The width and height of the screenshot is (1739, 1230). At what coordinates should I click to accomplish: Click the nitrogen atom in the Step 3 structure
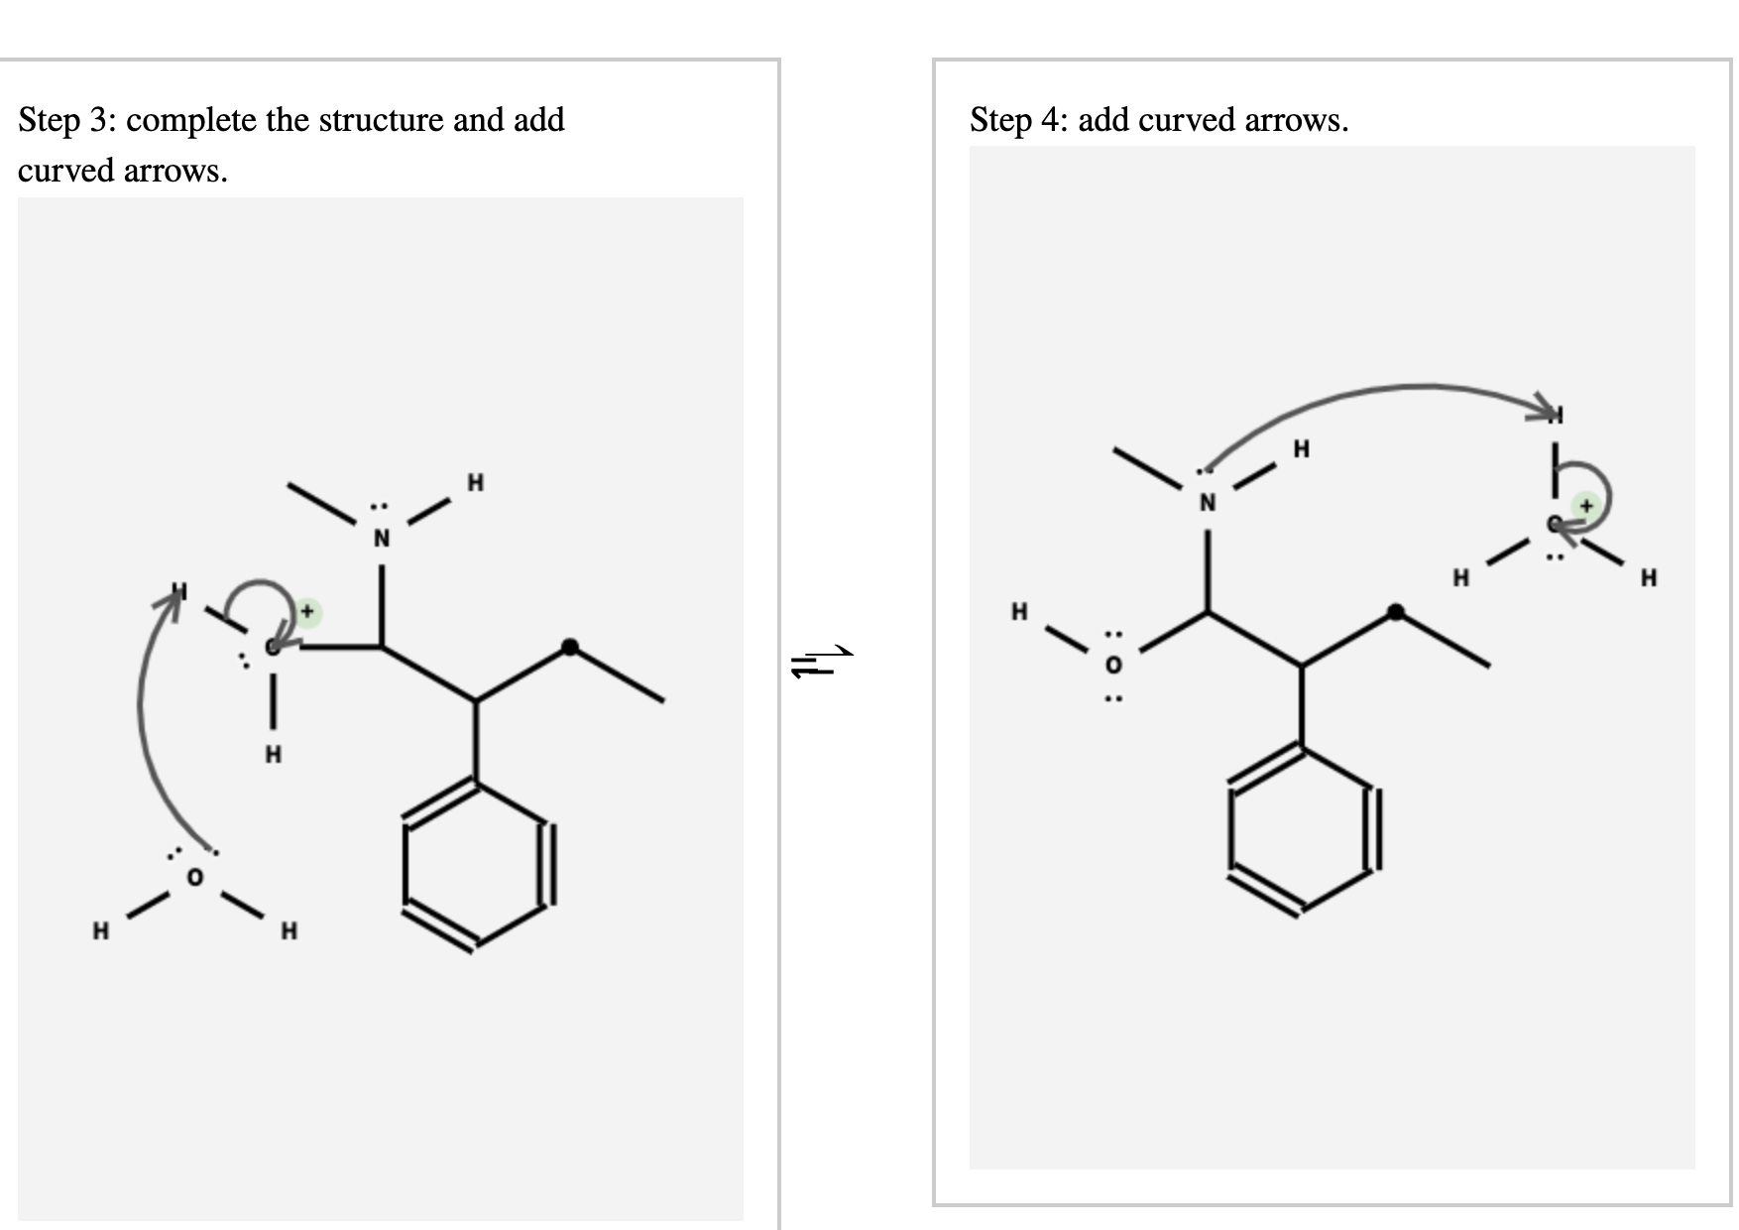(382, 539)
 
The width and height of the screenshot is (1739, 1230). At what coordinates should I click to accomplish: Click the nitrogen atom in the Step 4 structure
(1207, 503)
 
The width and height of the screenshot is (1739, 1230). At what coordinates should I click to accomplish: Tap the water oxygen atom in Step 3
(194, 877)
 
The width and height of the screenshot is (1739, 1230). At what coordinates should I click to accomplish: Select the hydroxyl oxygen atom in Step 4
(1113, 665)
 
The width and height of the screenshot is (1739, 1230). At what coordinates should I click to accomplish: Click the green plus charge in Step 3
(307, 611)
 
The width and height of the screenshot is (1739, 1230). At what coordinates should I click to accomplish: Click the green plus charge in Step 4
(1586, 506)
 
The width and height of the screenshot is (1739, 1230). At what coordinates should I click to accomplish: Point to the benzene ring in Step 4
(1301, 829)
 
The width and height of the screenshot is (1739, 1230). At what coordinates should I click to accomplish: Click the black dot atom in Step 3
(569, 647)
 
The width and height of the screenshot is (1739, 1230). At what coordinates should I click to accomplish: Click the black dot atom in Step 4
(1395, 612)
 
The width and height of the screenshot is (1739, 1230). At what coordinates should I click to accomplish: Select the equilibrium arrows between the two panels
(821, 661)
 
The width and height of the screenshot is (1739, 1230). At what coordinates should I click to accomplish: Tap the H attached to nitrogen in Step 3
(476, 483)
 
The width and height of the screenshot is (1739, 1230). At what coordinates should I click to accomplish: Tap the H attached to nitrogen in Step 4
(1301, 449)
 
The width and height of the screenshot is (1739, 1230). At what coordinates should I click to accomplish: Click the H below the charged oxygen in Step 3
(273, 755)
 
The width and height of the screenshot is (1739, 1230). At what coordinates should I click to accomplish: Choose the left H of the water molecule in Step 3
(100, 930)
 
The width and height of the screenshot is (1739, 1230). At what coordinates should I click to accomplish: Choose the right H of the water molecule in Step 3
(289, 930)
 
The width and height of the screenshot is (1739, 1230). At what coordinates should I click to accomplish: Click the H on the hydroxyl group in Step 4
(1019, 611)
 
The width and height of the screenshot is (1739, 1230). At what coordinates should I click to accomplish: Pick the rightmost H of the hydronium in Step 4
(1648, 577)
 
